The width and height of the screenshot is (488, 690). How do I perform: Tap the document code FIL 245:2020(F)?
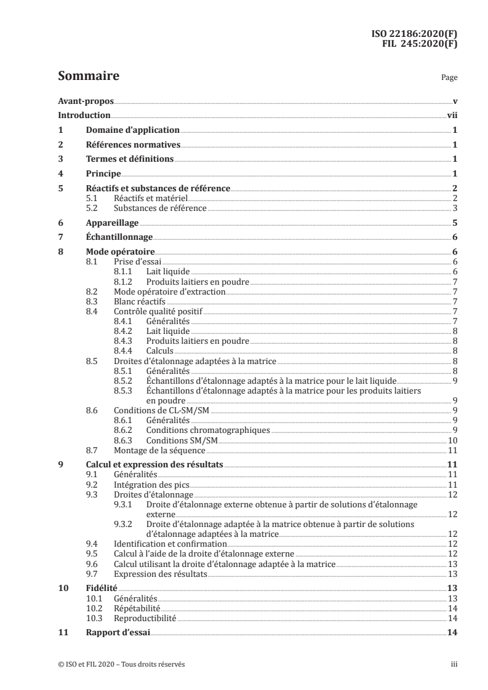(420, 44)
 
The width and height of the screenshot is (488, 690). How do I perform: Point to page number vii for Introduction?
(451, 115)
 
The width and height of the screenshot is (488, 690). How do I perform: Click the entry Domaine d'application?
(132, 130)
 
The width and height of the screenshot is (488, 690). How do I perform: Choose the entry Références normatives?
(132, 145)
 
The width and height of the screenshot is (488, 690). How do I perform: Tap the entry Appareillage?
(112, 224)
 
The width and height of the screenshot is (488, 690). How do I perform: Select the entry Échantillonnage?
(118, 238)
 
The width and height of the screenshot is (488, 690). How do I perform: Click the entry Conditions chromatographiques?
(199, 430)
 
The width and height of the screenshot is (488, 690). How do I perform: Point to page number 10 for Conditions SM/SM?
(452, 440)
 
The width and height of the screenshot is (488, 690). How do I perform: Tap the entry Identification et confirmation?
(170, 544)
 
